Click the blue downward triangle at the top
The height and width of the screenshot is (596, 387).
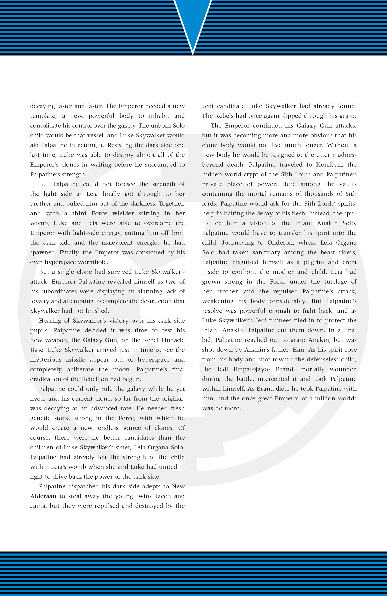click(193, 20)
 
